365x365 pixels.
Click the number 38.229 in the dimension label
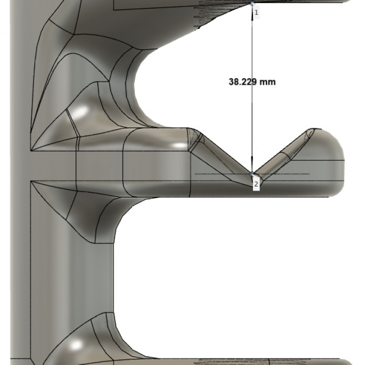[x=243, y=82]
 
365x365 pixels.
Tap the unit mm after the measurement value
[x=268, y=82]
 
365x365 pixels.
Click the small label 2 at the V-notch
[x=256, y=184]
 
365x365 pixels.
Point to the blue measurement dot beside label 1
[x=252, y=3]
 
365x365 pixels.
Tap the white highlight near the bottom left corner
[x=76, y=346]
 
